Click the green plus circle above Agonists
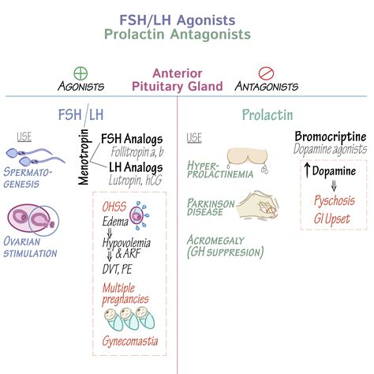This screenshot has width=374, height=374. [x=80, y=73]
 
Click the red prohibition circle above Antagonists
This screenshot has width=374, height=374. [x=266, y=73]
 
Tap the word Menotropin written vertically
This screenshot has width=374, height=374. [x=84, y=157]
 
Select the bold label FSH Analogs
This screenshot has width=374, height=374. [x=132, y=139]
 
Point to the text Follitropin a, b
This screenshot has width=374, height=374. [x=137, y=152]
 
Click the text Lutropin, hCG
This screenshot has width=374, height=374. [x=136, y=181]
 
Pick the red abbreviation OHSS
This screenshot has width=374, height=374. [x=114, y=207]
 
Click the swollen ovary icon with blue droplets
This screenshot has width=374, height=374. [x=139, y=215]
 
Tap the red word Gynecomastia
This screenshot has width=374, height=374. [x=130, y=341]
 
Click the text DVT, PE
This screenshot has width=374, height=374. [x=117, y=269]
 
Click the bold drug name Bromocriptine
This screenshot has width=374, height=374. [x=331, y=137]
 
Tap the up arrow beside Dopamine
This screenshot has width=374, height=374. [x=307, y=170]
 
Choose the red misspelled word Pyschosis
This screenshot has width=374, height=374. [x=335, y=200]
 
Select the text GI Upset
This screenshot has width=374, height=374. [x=332, y=219]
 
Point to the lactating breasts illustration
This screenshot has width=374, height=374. [x=248, y=160]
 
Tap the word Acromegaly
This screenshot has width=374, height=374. [x=215, y=240]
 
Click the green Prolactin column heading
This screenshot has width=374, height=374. [x=267, y=115]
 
